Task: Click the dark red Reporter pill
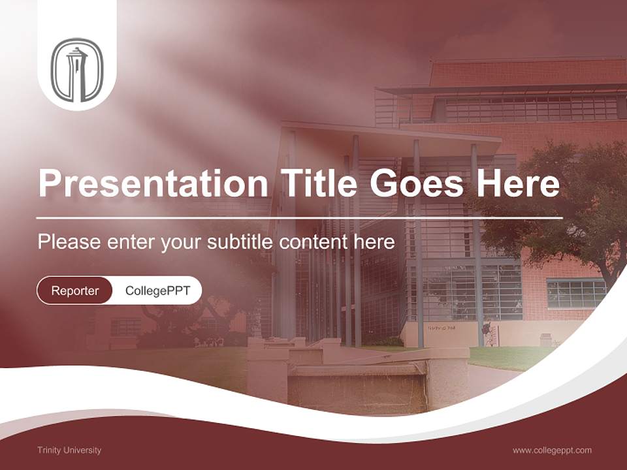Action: pyautogui.click(x=75, y=290)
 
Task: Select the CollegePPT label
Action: pyautogui.click(x=157, y=290)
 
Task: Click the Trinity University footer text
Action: pyautogui.click(x=69, y=450)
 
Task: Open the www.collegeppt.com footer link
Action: pyautogui.click(x=552, y=450)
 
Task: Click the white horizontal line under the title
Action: pyautogui.click(x=299, y=217)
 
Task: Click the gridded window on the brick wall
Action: pyautogui.click(x=576, y=293)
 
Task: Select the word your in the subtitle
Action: pyautogui.click(x=181, y=242)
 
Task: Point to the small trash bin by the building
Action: pyautogui.click(x=545, y=339)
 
